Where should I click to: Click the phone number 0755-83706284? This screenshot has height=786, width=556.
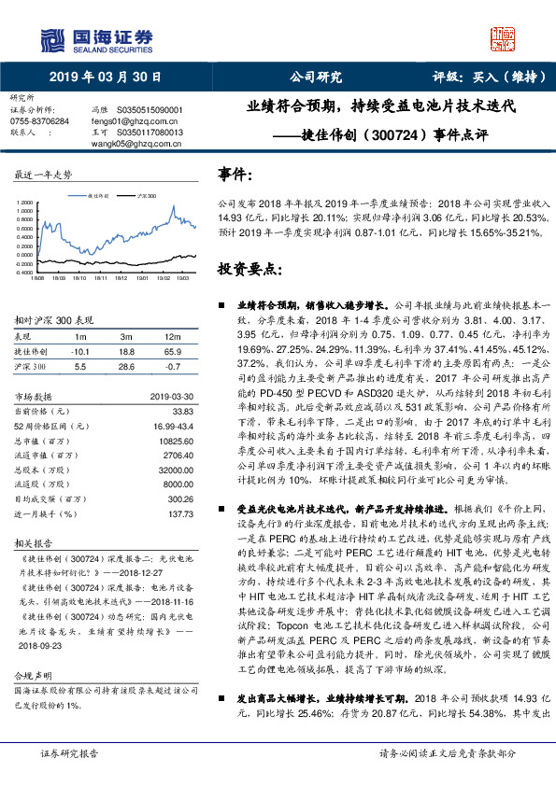tap(38, 121)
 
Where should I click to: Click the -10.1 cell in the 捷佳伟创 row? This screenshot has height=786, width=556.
tap(80, 352)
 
